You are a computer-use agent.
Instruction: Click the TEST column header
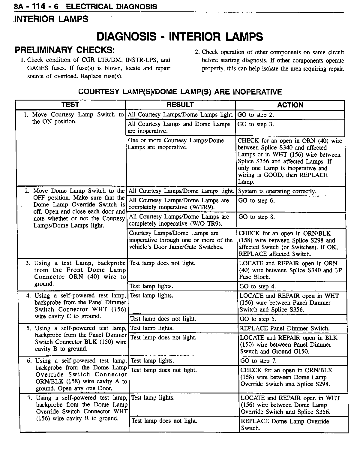(70, 104)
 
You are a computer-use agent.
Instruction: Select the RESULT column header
(180, 105)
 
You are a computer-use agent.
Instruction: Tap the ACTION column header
(290, 105)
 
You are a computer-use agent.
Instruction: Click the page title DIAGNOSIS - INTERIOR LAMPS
(180, 37)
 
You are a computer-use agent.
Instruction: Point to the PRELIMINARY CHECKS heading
(65, 50)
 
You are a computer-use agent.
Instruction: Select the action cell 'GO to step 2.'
(256, 115)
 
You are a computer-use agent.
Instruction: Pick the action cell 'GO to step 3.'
(256, 124)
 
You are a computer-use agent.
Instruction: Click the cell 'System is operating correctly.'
(277, 191)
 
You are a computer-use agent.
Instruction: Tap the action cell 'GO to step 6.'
(256, 200)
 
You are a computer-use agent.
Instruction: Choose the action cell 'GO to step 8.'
(256, 217)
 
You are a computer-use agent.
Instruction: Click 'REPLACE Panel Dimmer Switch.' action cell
(285, 328)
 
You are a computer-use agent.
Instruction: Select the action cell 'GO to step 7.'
(258, 361)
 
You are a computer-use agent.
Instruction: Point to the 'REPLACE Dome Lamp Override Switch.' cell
(285, 424)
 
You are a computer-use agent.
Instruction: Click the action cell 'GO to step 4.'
(257, 286)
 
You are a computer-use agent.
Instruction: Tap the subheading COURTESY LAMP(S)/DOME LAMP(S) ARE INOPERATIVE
(180, 92)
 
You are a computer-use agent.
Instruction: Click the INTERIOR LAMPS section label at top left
(51, 19)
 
